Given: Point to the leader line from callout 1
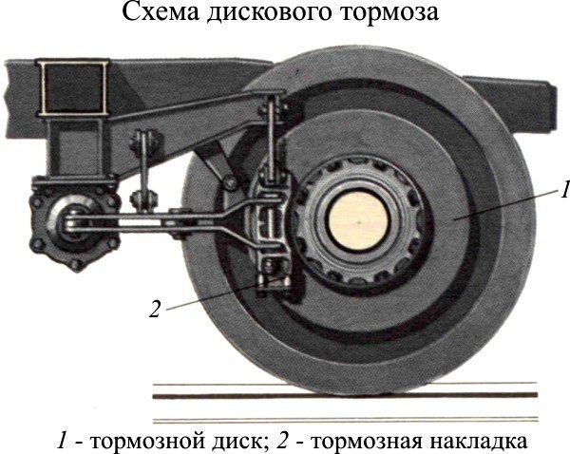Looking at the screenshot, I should point(503,205).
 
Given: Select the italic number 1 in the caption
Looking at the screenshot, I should point(63,439).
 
